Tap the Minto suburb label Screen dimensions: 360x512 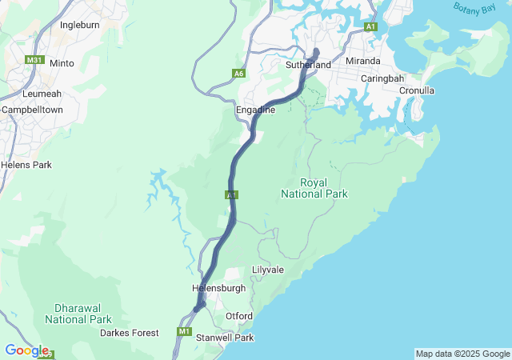pyautogui.click(x=62, y=63)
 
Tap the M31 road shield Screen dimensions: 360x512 pyautogui.click(x=34, y=60)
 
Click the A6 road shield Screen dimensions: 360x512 pyautogui.click(x=238, y=74)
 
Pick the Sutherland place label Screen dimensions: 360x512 pyautogui.click(x=308, y=65)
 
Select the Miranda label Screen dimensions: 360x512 pyautogui.click(x=362, y=61)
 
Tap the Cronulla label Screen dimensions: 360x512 pyautogui.click(x=417, y=90)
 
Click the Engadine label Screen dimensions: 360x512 pyautogui.click(x=256, y=110)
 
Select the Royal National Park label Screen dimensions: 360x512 pyautogui.click(x=303, y=188)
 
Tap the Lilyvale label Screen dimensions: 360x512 pyautogui.click(x=268, y=270)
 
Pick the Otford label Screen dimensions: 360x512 pyautogui.click(x=238, y=316)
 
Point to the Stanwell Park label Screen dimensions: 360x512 pyautogui.click(x=225, y=338)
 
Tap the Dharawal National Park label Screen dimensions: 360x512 pyautogui.click(x=78, y=313)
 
